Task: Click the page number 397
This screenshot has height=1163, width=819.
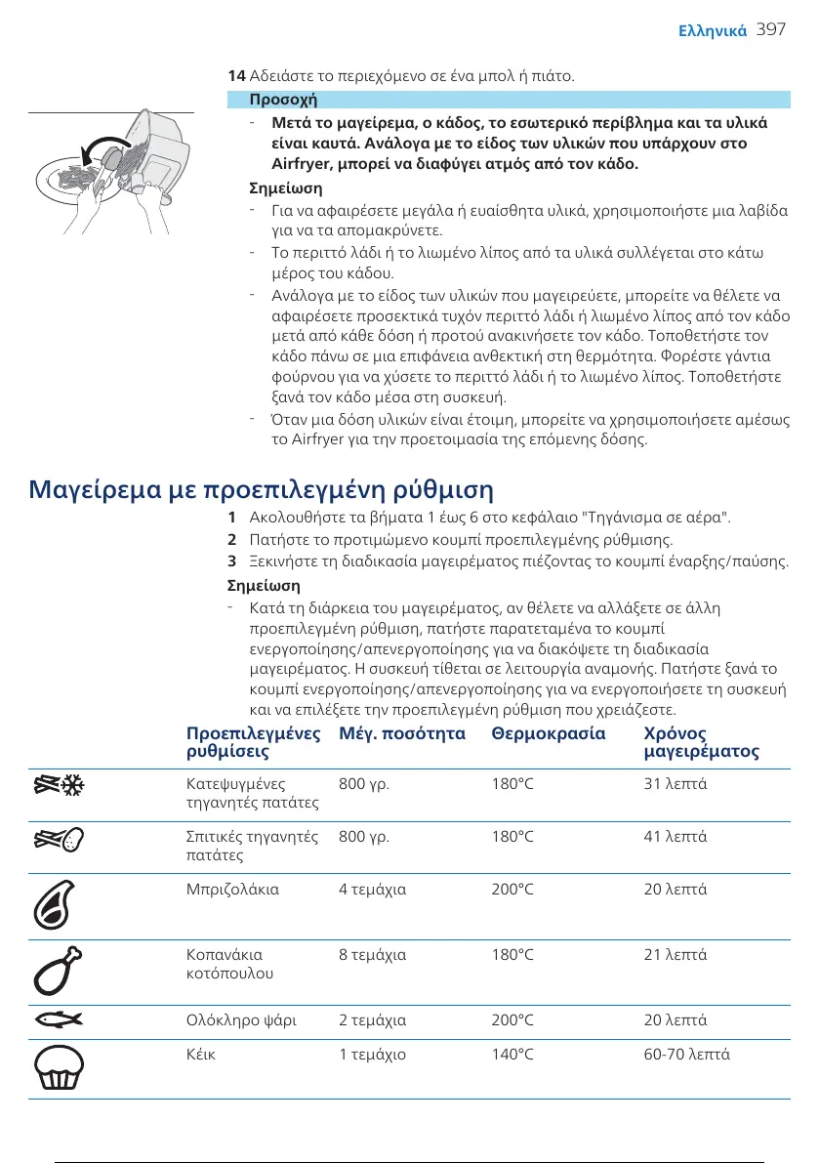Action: pos(771,30)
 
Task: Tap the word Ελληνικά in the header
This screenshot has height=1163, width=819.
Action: pos(713,31)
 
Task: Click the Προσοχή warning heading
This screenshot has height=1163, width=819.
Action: pos(283,100)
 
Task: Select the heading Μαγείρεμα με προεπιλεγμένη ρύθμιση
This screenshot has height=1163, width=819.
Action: pos(262,487)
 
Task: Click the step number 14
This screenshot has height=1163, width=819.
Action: pos(235,75)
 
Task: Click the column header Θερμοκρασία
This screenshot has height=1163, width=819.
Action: pos(549,732)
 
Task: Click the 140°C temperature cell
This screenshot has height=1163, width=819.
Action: pos(512,1055)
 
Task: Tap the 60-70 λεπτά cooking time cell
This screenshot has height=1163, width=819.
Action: pos(687,1055)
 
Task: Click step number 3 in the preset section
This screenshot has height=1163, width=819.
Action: pos(231,561)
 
